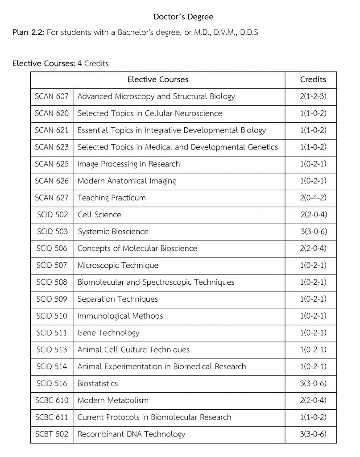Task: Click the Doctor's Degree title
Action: pos(183,17)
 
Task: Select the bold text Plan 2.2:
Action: pos(29,33)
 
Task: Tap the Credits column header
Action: pos(313,79)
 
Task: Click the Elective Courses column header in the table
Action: pos(158,79)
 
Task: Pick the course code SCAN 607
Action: pos(52,96)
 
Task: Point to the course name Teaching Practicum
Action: pos(112,198)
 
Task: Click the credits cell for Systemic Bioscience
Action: pos(313,232)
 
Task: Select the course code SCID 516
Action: pos(52,383)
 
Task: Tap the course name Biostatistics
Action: pos(98,383)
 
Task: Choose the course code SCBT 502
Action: pos(52,434)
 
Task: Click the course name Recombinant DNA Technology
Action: pos(131,434)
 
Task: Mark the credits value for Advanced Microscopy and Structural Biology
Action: pos(313,96)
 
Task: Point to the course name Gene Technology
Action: pos(108,332)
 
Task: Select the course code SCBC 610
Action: pos(52,400)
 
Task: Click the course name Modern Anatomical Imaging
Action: pos(127,181)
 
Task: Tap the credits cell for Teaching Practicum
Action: pos(313,198)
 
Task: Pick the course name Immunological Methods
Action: pos(120,316)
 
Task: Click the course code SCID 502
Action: pos(52,215)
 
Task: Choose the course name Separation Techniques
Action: pos(118,299)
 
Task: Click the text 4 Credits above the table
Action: pos(93,63)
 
